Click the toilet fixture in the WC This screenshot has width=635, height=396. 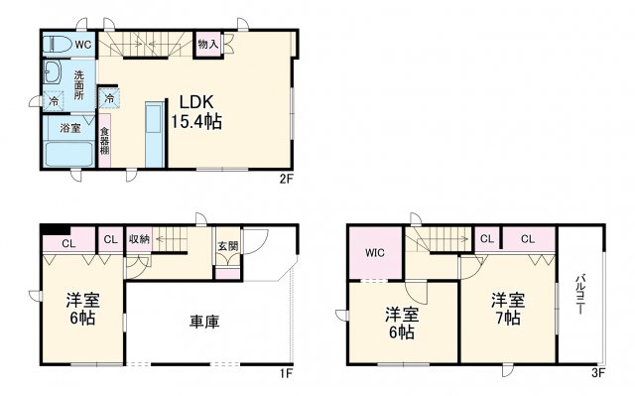coord(58,44)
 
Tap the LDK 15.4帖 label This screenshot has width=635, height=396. coord(196,112)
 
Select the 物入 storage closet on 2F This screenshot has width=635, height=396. coord(207,44)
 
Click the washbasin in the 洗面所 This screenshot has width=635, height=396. coord(53,72)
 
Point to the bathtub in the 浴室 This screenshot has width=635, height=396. coord(68,154)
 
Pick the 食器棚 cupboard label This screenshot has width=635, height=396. coord(104,141)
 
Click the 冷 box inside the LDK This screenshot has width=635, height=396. coord(109,98)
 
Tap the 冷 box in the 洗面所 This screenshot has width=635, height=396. coord(54,101)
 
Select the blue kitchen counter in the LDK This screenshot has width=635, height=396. coord(155,134)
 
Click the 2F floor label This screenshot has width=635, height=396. coord(286,179)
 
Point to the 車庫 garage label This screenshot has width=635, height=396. coord(204,322)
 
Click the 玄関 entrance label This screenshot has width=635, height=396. coord(228,246)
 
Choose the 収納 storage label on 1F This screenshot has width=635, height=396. coord(139,239)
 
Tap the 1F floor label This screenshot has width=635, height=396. coord(286,372)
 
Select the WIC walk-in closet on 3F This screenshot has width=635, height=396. coord(375,253)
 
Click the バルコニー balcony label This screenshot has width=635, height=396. coord(580,295)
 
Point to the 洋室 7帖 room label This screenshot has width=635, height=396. coord(508,309)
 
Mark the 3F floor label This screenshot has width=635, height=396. coord(598,372)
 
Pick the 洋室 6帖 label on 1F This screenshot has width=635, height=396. coord(82,309)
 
